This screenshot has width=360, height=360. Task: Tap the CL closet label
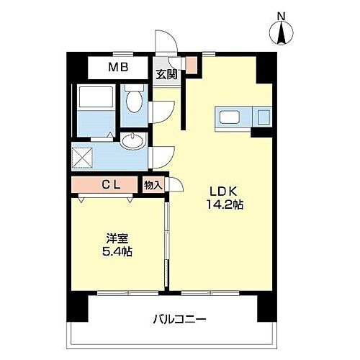(110, 185)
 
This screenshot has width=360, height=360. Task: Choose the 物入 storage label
(153, 185)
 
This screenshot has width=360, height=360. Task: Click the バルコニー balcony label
(179, 318)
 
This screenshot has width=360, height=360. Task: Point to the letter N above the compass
(282, 14)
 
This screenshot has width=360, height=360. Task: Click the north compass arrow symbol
(282, 33)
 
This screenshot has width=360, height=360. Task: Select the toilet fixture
(134, 101)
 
